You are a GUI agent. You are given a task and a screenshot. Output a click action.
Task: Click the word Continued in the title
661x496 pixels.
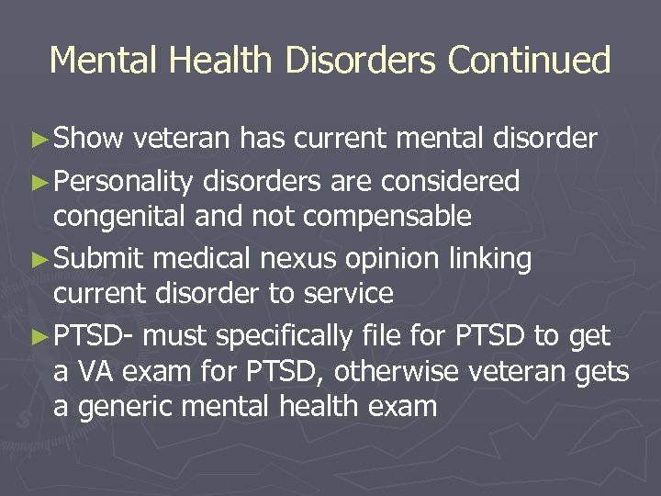[529, 61]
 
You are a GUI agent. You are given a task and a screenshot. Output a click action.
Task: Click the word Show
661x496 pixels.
[89, 139]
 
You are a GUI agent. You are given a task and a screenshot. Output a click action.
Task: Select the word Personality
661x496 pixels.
[123, 182]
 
